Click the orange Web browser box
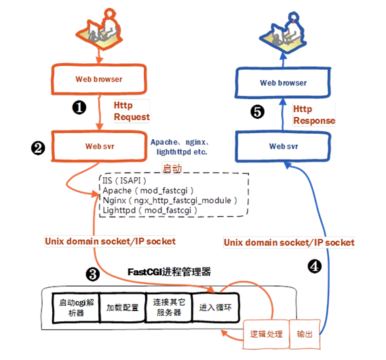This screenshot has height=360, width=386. [99, 79]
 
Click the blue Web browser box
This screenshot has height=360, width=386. [283, 83]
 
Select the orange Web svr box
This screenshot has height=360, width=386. [99, 145]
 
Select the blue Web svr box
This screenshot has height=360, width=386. [283, 145]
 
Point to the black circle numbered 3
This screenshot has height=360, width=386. [93, 274]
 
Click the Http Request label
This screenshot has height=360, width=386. [131, 111]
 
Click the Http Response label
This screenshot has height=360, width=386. [313, 115]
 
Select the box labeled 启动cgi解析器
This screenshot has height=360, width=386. [75, 306]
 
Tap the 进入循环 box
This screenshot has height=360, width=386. [215, 306]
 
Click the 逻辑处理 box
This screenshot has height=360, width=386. [265, 334]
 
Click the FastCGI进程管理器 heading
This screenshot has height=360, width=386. [170, 272]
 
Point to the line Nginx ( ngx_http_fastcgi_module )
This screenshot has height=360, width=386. [169, 200]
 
